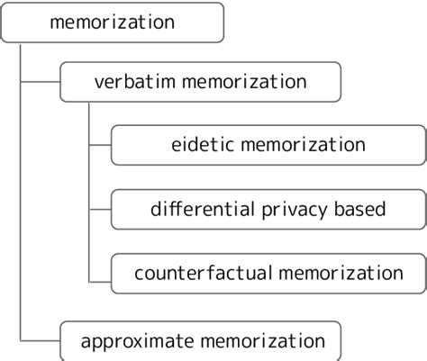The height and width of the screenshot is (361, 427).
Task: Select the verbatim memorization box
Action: (x=200, y=82)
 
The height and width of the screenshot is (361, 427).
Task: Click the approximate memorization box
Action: (x=200, y=340)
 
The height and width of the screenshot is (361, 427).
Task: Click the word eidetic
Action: (x=197, y=144)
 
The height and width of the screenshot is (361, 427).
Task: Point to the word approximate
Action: (x=131, y=340)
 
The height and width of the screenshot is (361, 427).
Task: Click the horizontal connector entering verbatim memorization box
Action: (x=39, y=83)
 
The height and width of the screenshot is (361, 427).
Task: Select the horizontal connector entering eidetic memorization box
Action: (x=99, y=144)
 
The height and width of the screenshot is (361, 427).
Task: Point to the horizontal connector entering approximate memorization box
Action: (x=39, y=340)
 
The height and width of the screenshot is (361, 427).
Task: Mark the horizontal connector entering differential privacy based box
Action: (x=99, y=209)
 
